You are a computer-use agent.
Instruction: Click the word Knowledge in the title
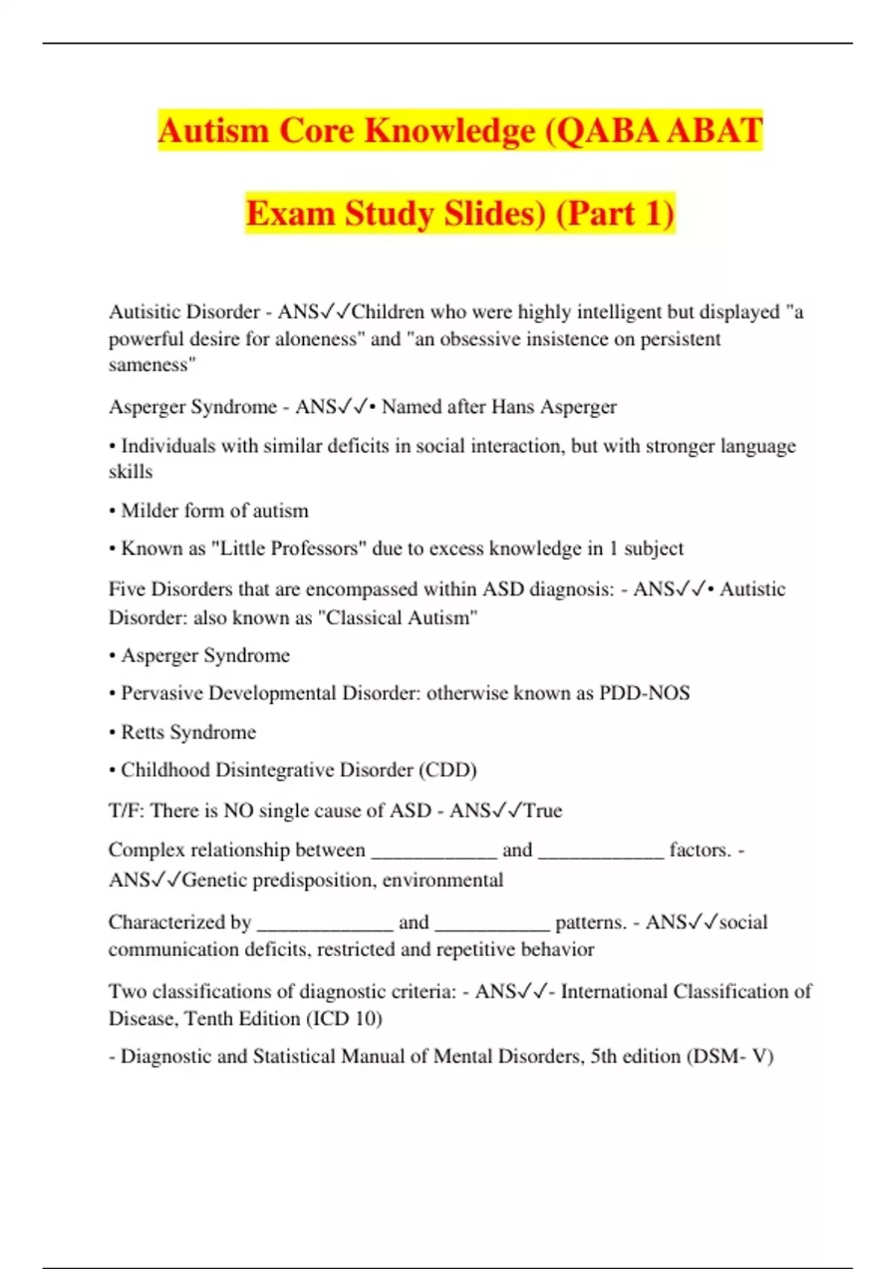(x=450, y=131)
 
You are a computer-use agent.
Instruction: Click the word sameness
(x=152, y=365)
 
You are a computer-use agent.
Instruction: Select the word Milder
(x=149, y=511)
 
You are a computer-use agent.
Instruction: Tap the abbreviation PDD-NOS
(x=644, y=693)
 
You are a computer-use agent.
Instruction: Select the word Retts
(x=142, y=732)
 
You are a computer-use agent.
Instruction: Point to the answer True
(x=543, y=811)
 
